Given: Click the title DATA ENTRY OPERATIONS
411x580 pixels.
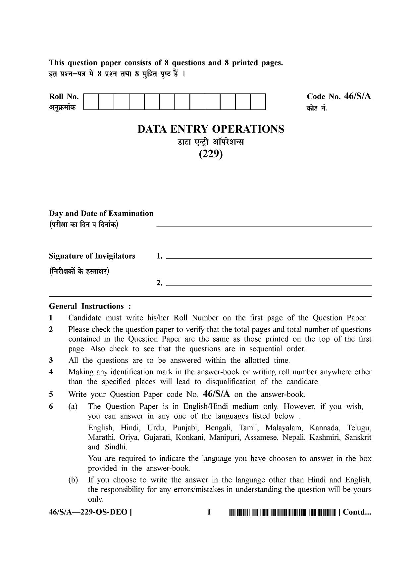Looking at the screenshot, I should [x=211, y=129].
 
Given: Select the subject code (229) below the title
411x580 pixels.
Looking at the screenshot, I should [x=211, y=154].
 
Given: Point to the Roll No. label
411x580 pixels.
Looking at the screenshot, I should [x=64, y=97].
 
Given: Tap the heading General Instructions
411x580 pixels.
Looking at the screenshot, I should [x=90, y=306].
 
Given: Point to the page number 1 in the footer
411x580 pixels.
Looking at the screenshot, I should [x=209, y=513].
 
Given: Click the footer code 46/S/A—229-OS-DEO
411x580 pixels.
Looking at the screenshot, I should [x=90, y=513].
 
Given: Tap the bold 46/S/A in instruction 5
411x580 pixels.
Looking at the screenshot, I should [x=217, y=394].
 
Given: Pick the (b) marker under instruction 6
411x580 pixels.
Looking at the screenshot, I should [x=73, y=480].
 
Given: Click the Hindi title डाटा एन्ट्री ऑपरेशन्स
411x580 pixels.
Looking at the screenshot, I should [x=211, y=143].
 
